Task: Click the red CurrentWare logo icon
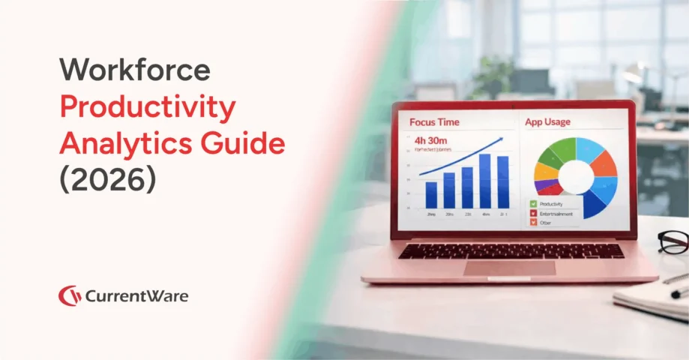[70, 295]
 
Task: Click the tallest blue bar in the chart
[484, 181]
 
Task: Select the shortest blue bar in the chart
[431, 195]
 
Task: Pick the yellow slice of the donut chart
[546, 171]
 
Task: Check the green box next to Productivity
[533, 203]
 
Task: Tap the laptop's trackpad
[509, 268]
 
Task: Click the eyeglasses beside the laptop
[673, 241]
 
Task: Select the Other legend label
[547, 223]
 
